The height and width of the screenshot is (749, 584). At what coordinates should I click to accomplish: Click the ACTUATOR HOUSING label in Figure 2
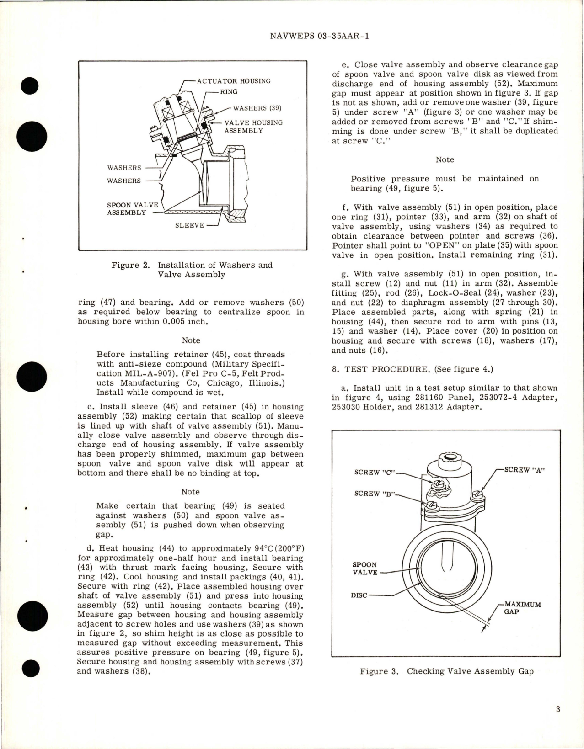tap(234, 81)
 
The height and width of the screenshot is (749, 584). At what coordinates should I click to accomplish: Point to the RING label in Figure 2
tap(229, 92)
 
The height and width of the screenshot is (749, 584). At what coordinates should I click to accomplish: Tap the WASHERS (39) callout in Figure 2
tap(257, 108)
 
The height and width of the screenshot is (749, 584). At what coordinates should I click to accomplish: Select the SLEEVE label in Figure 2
tap(190, 225)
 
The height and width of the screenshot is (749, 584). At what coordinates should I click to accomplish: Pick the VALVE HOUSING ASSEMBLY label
tap(253, 127)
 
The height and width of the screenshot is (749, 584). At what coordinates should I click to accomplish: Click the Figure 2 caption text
tap(192, 270)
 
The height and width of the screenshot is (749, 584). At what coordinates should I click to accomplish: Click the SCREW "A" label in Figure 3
tap(523, 470)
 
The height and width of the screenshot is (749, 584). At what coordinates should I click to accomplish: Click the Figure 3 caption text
tap(446, 671)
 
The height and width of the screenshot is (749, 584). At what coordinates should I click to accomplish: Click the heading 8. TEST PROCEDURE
tap(385, 369)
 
